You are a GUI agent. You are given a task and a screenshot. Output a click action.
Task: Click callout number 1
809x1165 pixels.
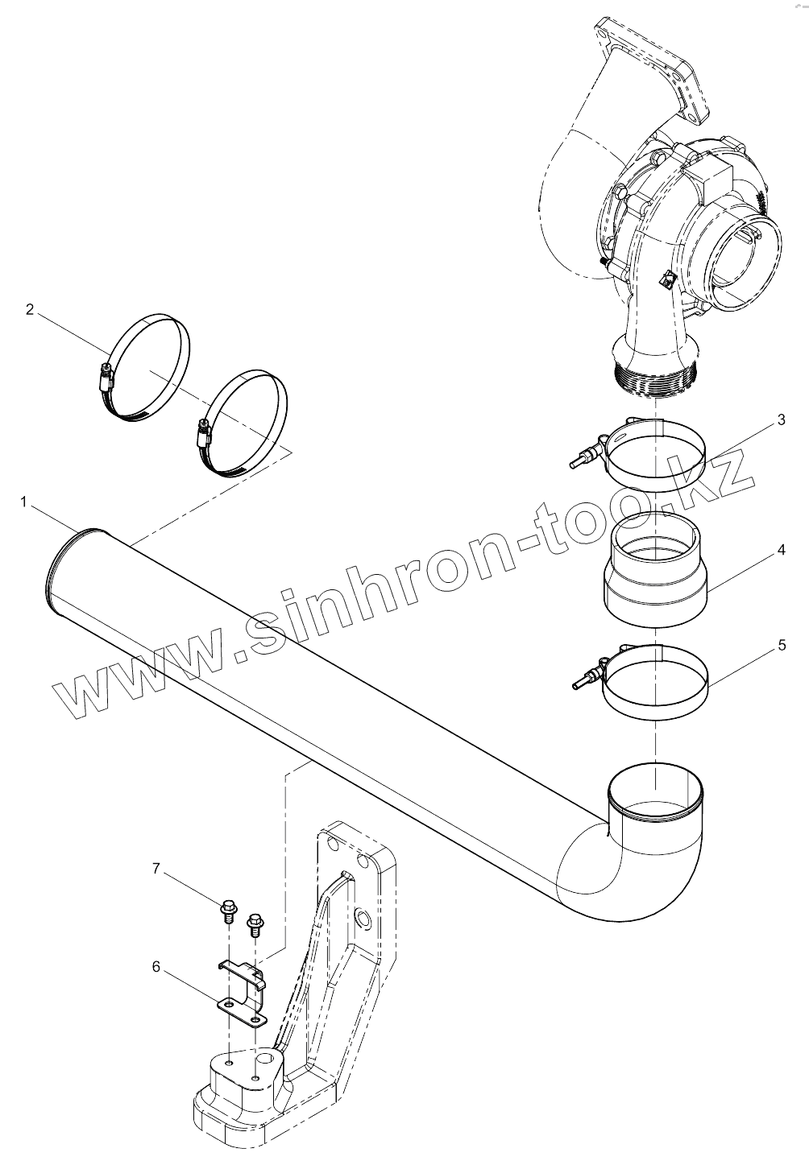(24, 502)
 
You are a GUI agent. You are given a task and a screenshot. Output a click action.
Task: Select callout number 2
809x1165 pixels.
(30, 309)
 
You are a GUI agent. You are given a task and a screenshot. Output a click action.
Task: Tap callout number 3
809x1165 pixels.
(781, 419)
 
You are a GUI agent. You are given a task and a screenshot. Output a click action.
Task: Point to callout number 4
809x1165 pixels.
(781, 551)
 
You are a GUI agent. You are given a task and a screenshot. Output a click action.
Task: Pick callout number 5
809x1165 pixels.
(781, 645)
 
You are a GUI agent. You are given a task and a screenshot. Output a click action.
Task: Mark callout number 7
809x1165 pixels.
(156, 869)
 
